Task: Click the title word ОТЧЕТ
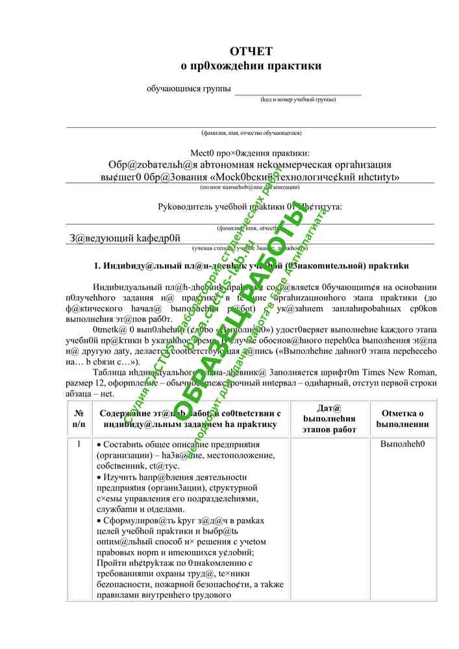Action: pos(251,51)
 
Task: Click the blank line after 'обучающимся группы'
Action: pos(297,92)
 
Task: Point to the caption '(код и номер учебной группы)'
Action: pos(298,100)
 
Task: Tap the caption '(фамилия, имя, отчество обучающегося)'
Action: pos(251,133)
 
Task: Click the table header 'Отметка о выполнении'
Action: pos(403,419)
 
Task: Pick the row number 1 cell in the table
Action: pos(79,445)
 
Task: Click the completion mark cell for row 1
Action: pos(403,445)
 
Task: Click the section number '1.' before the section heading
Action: pos(99,265)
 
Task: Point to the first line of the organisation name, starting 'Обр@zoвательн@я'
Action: pos(250,164)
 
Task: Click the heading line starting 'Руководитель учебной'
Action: pos(251,208)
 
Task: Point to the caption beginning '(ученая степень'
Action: pos(250,248)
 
